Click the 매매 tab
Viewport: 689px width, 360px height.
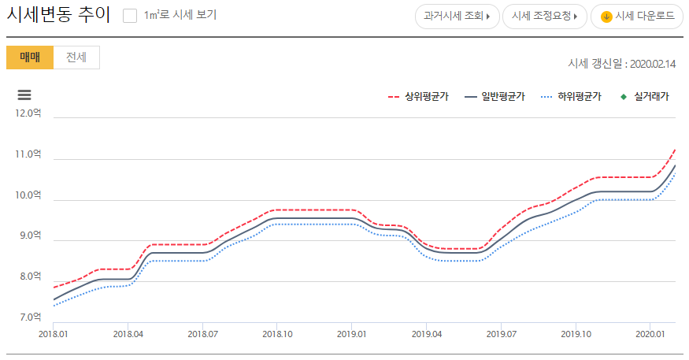30,58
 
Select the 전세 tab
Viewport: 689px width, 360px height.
76,58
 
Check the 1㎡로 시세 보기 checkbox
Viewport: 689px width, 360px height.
130,16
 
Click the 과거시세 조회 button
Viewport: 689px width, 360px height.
457,17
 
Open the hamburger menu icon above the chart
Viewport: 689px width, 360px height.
24,95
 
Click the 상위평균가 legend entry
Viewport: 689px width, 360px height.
418,97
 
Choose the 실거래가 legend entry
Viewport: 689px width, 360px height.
645,97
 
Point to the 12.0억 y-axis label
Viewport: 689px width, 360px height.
28,113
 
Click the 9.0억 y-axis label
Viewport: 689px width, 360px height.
29,236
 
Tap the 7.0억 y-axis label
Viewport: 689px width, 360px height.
29,317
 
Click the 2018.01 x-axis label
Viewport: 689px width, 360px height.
53,334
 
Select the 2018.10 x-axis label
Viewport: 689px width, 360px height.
277,334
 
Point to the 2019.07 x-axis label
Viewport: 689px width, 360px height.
501,334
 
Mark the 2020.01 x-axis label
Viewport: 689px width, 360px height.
650,334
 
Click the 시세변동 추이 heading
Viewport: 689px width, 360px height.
58,16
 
